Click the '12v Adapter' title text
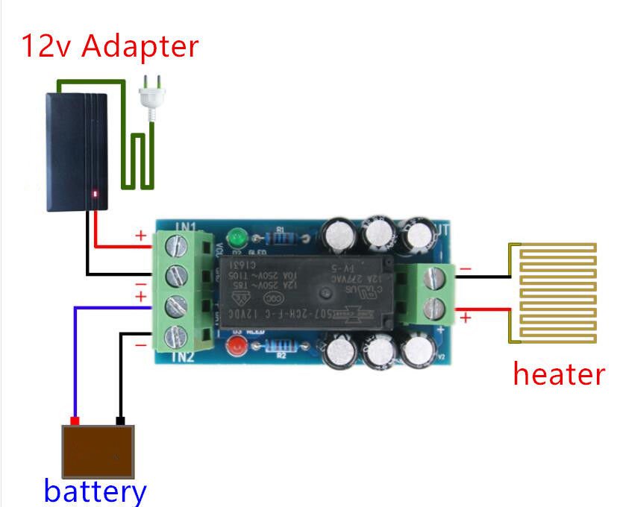110,46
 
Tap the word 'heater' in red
558,373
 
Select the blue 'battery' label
95,491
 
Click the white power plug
153,101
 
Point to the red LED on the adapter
95,195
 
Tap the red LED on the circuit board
237,345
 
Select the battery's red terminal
75,421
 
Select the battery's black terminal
120,421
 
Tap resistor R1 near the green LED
282,239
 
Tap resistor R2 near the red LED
280,346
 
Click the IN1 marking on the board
166,225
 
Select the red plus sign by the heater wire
465,318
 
